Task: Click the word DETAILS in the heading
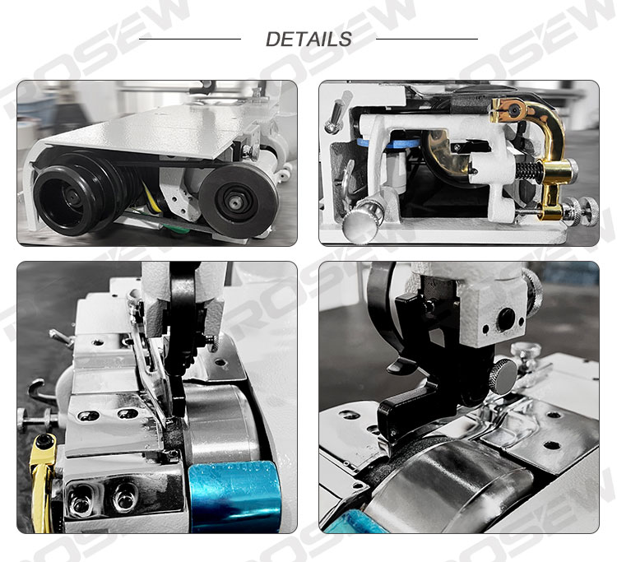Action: pos(308,39)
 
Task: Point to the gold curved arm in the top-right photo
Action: pos(549,154)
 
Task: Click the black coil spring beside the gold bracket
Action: pos(529,170)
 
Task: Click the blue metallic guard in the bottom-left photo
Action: pos(234,497)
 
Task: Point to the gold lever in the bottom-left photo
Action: pos(42,482)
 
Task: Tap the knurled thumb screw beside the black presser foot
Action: pos(503,375)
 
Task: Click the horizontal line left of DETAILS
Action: pos(190,39)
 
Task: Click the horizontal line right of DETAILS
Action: pos(427,39)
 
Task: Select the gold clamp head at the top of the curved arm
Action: pos(508,109)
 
